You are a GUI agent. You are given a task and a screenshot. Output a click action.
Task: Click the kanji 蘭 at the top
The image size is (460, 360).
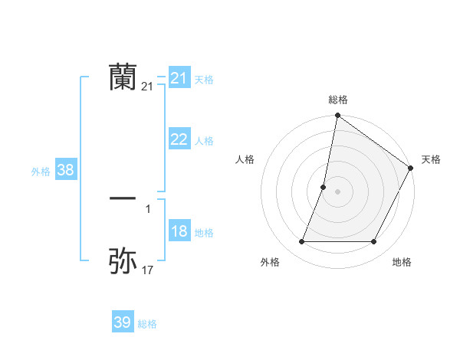click(x=123, y=77)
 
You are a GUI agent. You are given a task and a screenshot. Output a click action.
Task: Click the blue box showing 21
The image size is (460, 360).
click(x=179, y=78)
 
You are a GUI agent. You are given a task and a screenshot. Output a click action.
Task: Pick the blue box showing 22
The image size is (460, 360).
click(x=179, y=139)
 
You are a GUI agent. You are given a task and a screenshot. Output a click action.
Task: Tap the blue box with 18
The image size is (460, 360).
click(x=179, y=232)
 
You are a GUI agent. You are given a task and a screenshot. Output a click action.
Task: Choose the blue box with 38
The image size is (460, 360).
click(x=65, y=170)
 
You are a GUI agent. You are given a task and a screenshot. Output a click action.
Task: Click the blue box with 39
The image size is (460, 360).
click(x=122, y=322)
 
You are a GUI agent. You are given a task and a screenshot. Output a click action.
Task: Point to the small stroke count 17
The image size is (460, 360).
click(x=147, y=270)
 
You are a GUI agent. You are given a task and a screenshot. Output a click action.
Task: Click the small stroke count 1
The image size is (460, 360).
click(x=147, y=208)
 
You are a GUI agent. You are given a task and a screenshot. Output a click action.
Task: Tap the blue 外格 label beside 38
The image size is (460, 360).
click(x=41, y=172)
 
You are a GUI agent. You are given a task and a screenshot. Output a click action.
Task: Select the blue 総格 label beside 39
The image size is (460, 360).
click(x=147, y=324)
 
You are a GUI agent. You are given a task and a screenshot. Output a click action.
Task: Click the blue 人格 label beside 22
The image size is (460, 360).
click(x=204, y=141)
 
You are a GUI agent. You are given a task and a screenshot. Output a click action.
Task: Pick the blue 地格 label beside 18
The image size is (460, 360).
click(x=204, y=233)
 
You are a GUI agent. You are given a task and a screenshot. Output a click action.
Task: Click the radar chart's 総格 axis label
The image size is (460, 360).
click(x=337, y=100)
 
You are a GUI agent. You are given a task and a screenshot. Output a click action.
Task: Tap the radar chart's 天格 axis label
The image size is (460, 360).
click(x=431, y=159)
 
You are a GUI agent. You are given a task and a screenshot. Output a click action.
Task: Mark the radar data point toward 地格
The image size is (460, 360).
click(x=374, y=242)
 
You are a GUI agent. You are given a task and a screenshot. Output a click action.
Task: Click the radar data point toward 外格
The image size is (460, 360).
click(x=301, y=242)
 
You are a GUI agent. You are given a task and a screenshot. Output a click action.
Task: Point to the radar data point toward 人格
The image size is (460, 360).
click(x=324, y=187)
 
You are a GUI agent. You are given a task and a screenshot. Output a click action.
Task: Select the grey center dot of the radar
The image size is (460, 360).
click(x=337, y=191)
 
